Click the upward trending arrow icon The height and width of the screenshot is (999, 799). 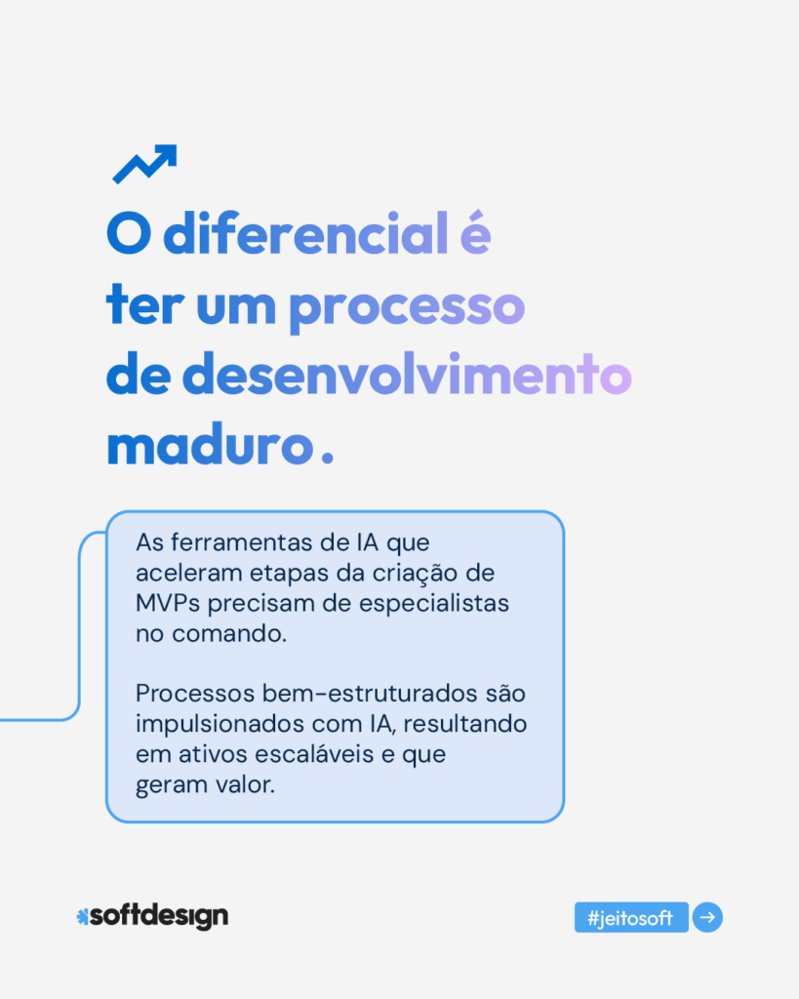[x=144, y=164]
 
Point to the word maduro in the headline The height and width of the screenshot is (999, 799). [x=208, y=447]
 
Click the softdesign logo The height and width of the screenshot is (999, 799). [x=152, y=916]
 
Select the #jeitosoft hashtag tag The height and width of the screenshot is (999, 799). [x=631, y=918]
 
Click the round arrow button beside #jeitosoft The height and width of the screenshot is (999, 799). [x=707, y=918]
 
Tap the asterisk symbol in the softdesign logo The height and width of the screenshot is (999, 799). [x=82, y=916]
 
